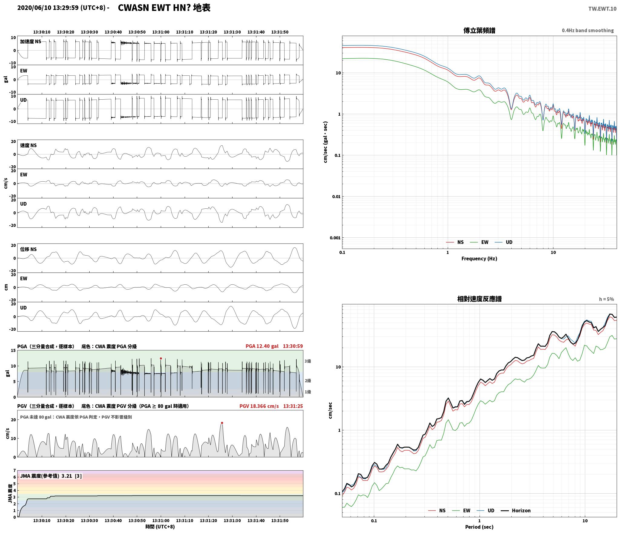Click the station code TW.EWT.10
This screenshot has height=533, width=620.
click(x=602, y=9)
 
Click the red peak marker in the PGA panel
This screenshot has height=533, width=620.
click(x=161, y=358)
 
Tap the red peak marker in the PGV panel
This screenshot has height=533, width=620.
click(x=222, y=423)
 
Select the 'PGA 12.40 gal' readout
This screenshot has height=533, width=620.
click(x=262, y=346)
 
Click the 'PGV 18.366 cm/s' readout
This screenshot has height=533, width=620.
click(x=259, y=406)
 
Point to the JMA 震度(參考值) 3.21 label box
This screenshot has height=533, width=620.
click(x=51, y=476)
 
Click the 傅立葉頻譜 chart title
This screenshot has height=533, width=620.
click(x=479, y=31)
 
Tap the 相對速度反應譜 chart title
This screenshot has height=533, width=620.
click(x=479, y=299)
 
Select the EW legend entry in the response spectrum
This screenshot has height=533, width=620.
click(x=461, y=510)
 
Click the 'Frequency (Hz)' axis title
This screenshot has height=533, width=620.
click(x=479, y=258)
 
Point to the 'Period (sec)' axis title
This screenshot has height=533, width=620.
click(x=479, y=527)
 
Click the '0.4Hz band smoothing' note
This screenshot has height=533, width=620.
click(x=588, y=31)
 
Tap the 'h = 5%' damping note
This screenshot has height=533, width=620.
click(x=606, y=299)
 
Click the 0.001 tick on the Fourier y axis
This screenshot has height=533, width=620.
click(x=335, y=238)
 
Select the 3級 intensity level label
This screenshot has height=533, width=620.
click(x=308, y=361)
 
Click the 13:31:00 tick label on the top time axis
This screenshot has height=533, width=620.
click(x=161, y=32)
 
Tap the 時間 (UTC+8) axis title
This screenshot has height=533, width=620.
click(x=160, y=527)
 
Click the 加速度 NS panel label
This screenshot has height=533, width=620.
click(x=31, y=41)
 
